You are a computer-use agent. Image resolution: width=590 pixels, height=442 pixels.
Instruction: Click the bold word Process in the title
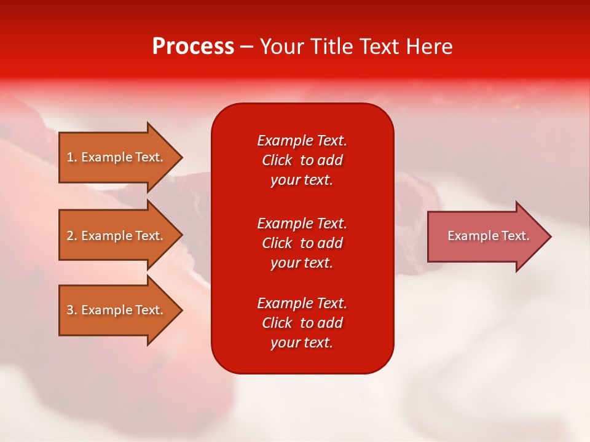click(x=193, y=47)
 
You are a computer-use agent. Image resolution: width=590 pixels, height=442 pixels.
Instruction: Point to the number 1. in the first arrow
click(x=72, y=157)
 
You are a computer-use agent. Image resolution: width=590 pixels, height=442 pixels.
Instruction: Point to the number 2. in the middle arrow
click(x=72, y=236)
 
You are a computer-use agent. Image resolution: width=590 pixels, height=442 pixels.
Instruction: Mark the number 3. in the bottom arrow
click(x=72, y=310)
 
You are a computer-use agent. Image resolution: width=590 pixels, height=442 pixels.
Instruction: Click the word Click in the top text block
click(x=277, y=160)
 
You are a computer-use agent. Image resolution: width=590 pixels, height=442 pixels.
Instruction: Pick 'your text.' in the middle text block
click(x=302, y=263)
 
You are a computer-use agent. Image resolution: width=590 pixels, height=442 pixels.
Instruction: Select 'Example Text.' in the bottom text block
click(x=302, y=303)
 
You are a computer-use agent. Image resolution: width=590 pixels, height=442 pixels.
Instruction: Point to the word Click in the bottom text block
click(x=277, y=323)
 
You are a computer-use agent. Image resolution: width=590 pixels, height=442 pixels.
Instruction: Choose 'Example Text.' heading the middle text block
click(x=302, y=223)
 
